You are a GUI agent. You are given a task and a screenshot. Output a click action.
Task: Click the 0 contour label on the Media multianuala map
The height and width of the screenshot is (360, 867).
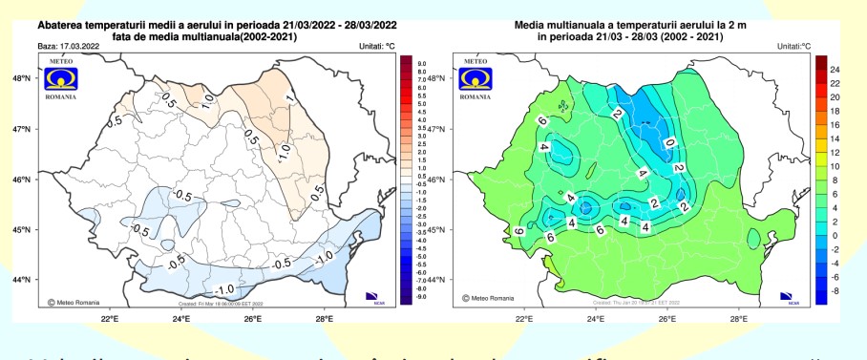(x=668, y=143)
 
